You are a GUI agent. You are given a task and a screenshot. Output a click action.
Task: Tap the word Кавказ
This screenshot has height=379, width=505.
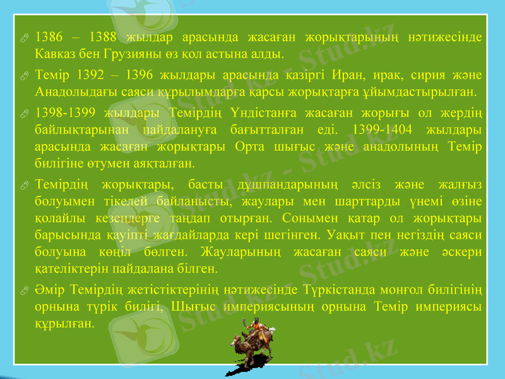pos(55,52)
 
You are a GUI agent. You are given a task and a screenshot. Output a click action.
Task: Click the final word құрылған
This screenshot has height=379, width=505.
pos(65,322)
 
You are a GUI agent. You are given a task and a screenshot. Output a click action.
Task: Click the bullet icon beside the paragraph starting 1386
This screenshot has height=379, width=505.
pos(23,37)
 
